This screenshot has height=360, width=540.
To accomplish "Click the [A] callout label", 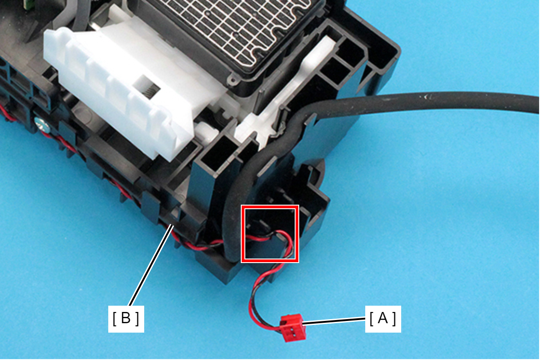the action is [x=383, y=319].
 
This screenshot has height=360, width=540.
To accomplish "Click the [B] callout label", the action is [x=126, y=319].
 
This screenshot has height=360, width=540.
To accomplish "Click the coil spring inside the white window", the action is [x=147, y=92].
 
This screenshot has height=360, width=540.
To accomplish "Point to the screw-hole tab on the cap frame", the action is [x=232, y=80].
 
